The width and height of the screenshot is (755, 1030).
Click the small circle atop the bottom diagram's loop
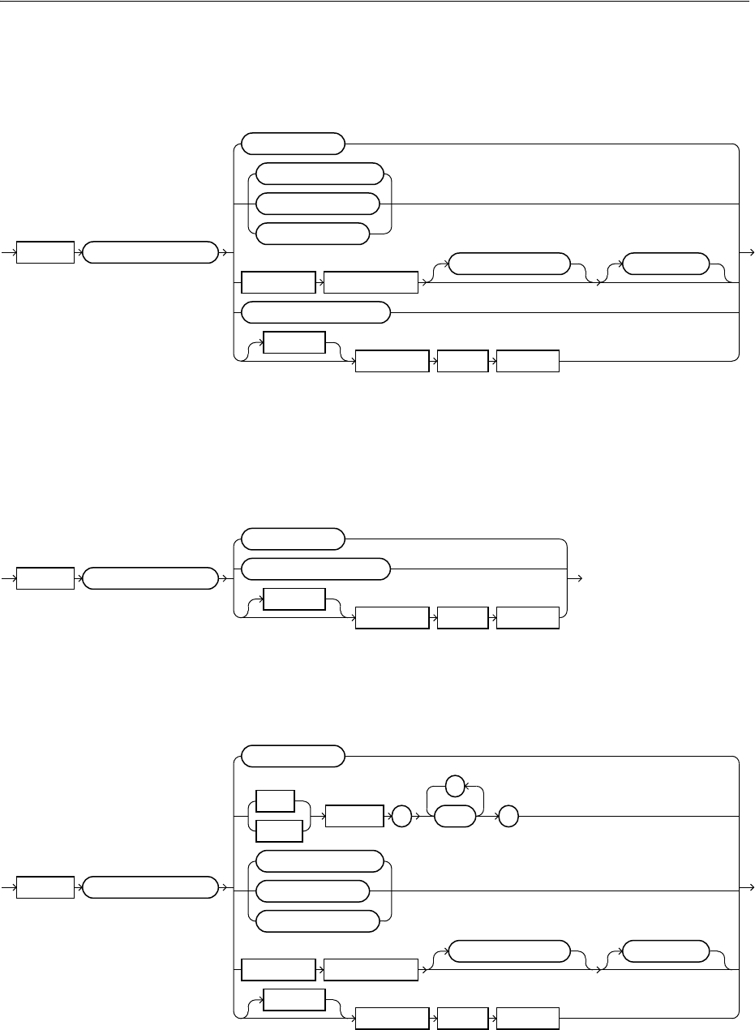click(x=457, y=784)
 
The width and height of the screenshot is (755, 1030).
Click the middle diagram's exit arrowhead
click(x=579, y=578)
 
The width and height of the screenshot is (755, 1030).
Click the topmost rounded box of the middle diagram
click(x=294, y=539)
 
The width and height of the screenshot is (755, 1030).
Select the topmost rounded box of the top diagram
click(x=294, y=144)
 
